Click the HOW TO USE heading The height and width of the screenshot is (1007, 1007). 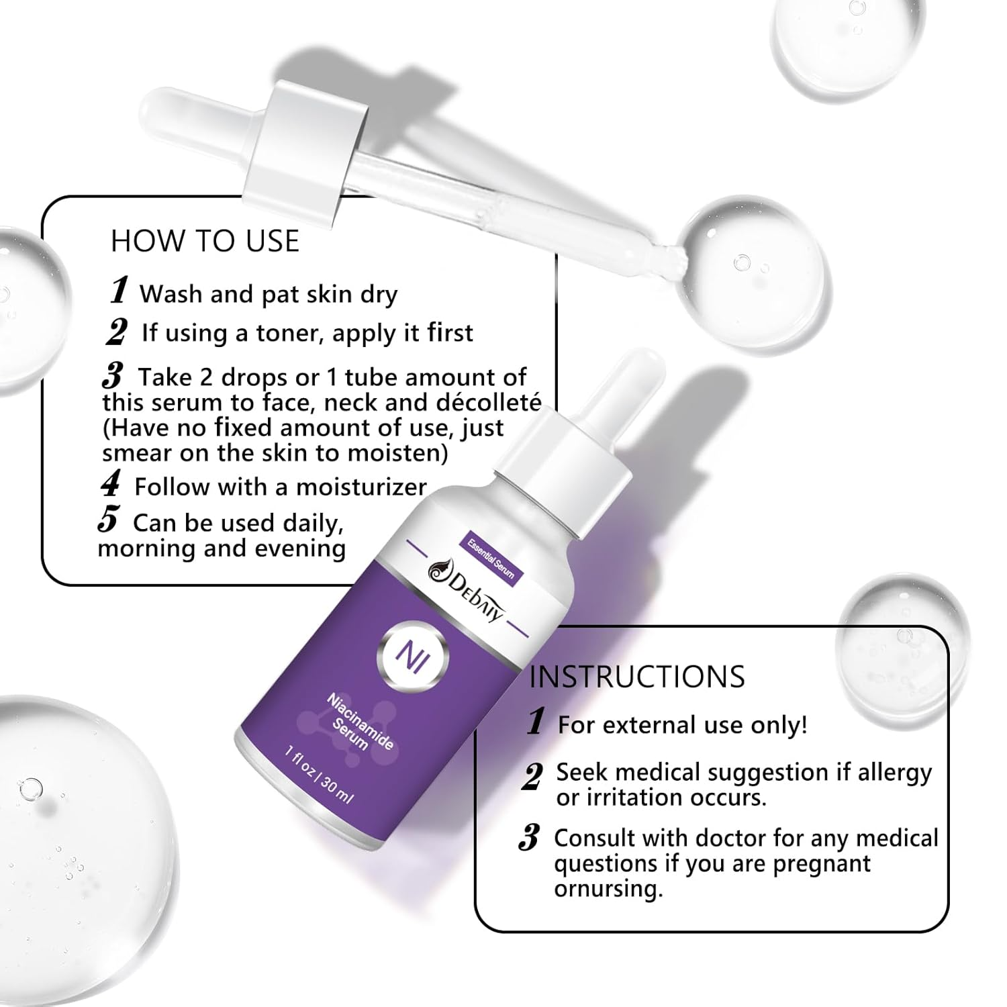point(205,241)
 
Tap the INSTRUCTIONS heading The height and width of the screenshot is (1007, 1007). point(637,677)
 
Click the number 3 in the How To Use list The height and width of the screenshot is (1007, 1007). point(113,377)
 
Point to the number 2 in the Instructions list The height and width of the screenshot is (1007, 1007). point(532,777)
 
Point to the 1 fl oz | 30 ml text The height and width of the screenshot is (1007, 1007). point(318,775)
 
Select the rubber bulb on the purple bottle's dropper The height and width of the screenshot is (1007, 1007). point(608,387)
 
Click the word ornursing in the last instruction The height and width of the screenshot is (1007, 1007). point(608,890)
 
